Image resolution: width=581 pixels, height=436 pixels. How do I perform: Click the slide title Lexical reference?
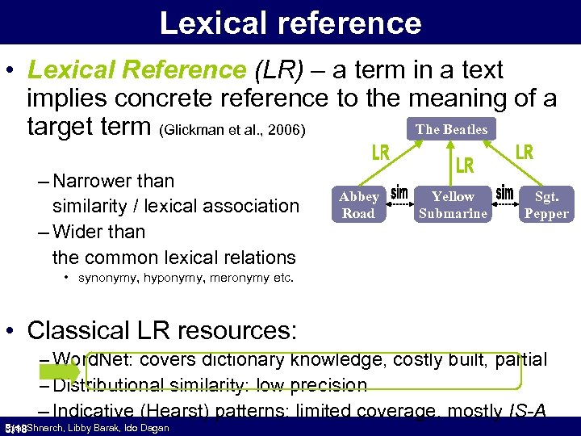coord(290,23)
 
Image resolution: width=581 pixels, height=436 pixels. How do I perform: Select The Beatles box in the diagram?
coord(451,129)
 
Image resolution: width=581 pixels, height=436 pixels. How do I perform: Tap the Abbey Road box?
coord(358,205)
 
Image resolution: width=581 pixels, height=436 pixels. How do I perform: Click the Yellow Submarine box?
coord(453,205)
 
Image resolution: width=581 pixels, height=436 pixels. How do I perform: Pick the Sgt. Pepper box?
coord(547,205)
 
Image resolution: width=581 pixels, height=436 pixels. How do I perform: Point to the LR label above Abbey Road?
coord(381,153)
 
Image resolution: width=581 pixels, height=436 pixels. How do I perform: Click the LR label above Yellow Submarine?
coord(465,166)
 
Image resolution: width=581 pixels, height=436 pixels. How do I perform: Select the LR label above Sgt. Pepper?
coord(525,152)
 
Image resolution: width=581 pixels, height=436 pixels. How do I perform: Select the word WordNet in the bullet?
coord(89,360)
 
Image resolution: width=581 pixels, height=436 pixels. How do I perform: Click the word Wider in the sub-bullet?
coord(77,232)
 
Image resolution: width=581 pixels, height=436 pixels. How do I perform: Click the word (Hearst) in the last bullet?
coord(177,410)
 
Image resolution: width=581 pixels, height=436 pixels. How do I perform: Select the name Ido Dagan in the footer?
coord(147,428)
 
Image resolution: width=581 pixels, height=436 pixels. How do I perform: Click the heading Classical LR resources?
coord(162,330)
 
